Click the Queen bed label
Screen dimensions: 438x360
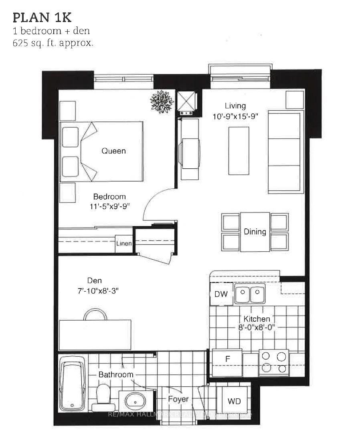pyautogui.click(x=113, y=151)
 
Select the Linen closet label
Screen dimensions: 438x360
pyautogui.click(x=124, y=243)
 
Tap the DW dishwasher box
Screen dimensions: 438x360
pyautogui.click(x=221, y=294)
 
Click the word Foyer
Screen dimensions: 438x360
pyautogui.click(x=178, y=399)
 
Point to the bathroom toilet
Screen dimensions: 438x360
pyautogui.click(x=103, y=398)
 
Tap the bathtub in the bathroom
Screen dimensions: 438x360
pyautogui.click(x=73, y=382)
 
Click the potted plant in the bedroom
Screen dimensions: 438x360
pyautogui.click(x=162, y=101)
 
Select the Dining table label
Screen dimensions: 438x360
pyautogui.click(x=255, y=232)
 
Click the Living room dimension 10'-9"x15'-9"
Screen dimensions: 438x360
pyautogui.click(x=235, y=117)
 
